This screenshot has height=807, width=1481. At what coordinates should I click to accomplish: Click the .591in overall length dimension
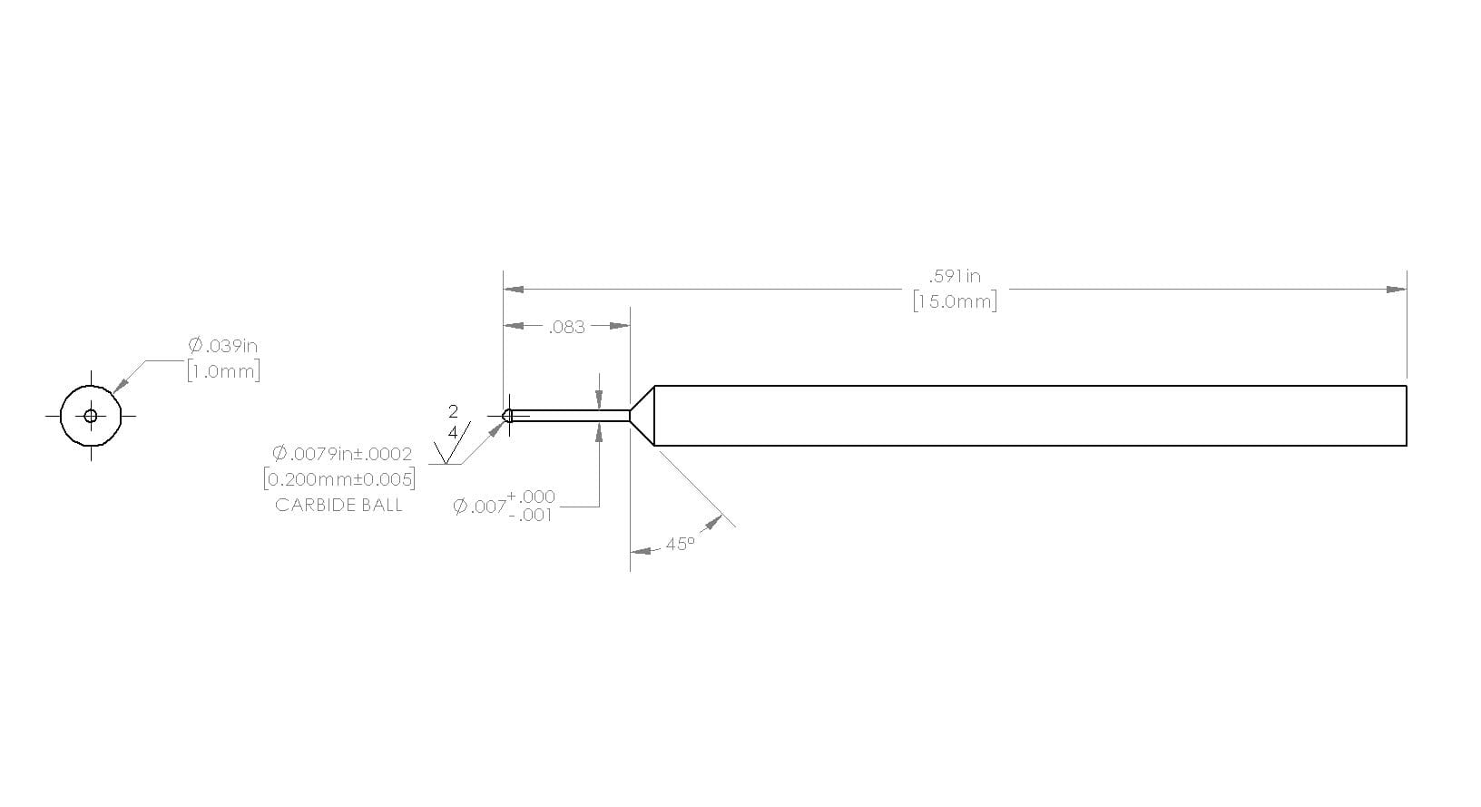click(x=955, y=276)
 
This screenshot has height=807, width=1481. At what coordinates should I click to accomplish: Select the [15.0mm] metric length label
click(x=955, y=301)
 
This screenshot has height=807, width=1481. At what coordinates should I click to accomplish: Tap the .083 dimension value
click(x=566, y=328)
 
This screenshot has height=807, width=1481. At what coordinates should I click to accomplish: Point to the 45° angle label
click(x=681, y=545)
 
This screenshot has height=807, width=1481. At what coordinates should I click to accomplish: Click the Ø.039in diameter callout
click(x=223, y=345)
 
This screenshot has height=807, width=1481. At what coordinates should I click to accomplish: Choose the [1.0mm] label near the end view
click(x=223, y=371)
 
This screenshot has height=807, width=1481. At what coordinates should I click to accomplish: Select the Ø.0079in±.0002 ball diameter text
click(x=342, y=454)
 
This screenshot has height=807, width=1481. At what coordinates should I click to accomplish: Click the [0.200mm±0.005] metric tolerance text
click(x=339, y=479)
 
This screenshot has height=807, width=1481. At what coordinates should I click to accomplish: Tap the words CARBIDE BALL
click(x=338, y=506)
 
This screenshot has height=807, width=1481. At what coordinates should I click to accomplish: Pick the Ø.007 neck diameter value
click(x=479, y=507)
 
